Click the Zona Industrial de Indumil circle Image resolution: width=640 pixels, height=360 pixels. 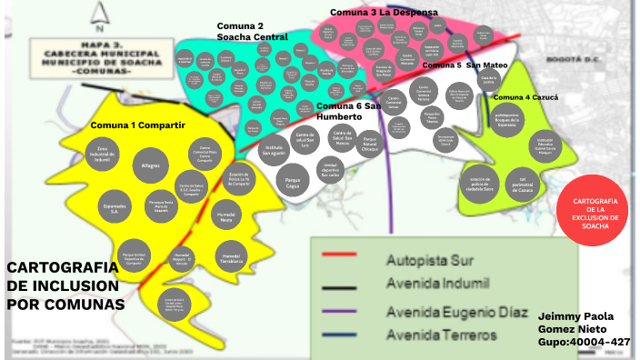[x=103, y=157]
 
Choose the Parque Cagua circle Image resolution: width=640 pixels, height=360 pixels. [x=294, y=175]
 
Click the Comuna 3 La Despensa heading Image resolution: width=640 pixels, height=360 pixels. [x=384, y=12]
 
